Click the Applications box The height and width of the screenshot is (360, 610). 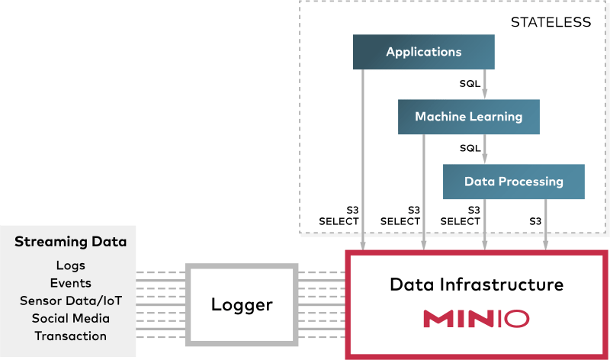[424, 53]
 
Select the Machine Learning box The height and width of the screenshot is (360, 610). [468, 117]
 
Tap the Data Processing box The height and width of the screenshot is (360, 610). [513, 182]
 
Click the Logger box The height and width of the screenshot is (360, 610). [242, 305]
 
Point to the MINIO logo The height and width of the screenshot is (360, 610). [477, 318]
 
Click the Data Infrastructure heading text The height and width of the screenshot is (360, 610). [477, 285]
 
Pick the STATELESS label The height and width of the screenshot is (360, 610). [551, 22]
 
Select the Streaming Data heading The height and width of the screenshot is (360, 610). [70, 243]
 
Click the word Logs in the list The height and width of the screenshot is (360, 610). [70, 266]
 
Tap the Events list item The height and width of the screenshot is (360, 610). [70, 283]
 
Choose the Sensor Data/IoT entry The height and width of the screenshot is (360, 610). [70, 300]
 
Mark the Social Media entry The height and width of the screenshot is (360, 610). [70, 317]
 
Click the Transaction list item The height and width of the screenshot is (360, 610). [70, 335]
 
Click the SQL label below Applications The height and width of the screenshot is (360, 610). [470, 83]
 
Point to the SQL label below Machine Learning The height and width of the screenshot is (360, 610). [470, 148]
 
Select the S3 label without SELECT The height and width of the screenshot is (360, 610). [536, 221]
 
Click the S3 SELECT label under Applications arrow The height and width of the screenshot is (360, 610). [339, 215]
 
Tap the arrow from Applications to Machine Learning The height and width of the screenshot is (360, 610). [485, 84]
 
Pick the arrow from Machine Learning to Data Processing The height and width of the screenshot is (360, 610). [485, 149]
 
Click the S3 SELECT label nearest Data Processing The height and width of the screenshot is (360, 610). [461, 215]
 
